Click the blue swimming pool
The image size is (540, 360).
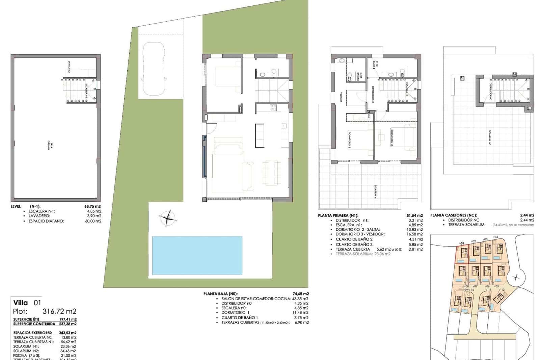(197, 255)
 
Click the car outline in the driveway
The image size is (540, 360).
(154, 69)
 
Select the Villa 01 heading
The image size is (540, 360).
(27, 303)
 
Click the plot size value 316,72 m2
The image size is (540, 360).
(59, 311)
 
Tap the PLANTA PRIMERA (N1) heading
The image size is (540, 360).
(338, 215)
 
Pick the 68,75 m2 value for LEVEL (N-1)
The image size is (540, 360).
(92, 206)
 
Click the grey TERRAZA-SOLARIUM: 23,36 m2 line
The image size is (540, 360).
(363, 254)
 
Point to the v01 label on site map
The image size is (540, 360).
(462, 243)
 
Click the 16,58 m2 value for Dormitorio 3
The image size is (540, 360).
(415, 234)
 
